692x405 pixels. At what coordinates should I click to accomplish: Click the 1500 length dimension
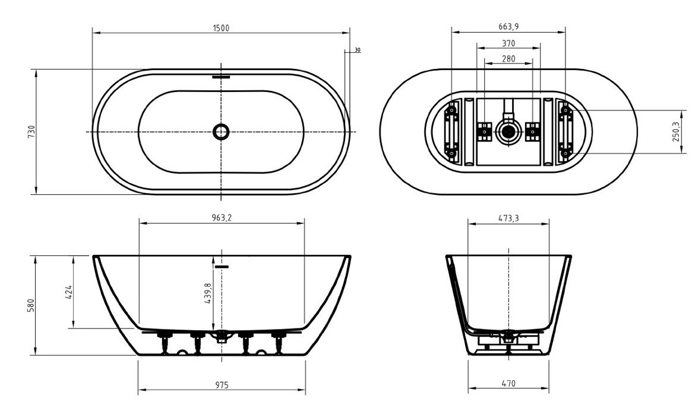[221, 29]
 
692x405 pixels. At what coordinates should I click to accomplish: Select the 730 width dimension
[31, 131]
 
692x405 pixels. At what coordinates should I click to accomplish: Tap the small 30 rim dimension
[358, 50]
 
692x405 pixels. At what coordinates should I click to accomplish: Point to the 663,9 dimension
[508, 27]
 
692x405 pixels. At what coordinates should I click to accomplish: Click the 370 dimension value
[508, 43]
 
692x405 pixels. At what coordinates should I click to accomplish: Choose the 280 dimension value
[508, 58]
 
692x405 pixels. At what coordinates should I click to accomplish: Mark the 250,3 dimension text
[676, 131]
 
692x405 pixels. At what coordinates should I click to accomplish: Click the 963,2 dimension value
[222, 217]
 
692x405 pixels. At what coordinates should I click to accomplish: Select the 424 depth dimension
[68, 292]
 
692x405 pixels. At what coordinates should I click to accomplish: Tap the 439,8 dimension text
[208, 293]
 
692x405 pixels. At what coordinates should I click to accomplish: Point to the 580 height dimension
[31, 305]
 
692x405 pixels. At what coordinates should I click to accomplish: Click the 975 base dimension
[222, 385]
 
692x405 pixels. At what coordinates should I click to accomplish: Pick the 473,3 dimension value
[508, 218]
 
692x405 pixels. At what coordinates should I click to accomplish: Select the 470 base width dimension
[508, 384]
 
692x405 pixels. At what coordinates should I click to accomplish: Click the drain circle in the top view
[221, 131]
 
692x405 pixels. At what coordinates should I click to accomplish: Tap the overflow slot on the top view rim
[221, 77]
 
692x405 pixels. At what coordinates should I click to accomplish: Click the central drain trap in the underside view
[508, 131]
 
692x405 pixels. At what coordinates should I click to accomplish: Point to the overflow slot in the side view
[222, 267]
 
